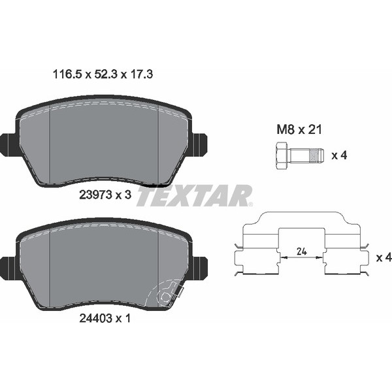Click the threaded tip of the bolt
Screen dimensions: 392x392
coord(316,156)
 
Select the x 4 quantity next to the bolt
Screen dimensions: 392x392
coord(338,156)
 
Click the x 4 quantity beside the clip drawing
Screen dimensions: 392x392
coord(383,258)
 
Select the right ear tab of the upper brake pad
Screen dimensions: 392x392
coord(199,144)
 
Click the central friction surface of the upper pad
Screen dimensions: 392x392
coord(105,140)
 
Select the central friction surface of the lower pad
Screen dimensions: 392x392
coord(105,265)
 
